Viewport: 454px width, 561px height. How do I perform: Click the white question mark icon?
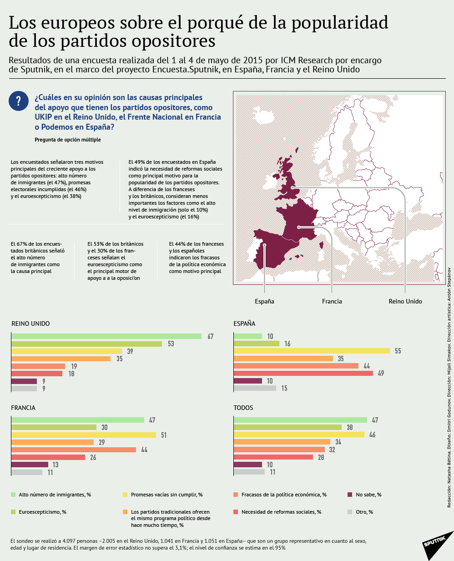point(19,101)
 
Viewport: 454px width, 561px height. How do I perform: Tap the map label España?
point(264,301)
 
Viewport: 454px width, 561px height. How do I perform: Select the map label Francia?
point(332,301)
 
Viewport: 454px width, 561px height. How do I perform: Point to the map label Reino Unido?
point(405,301)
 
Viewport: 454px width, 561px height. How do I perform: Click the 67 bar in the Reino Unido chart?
point(106,336)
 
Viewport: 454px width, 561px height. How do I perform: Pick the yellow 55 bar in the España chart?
point(312,351)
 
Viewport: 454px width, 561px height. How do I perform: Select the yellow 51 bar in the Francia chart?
point(83,435)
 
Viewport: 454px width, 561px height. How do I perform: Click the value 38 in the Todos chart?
point(350,427)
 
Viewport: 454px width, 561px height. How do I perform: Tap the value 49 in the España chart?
point(381,373)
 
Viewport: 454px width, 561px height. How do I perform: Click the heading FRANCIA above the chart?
point(23,408)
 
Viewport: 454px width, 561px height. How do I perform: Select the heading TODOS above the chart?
point(243,408)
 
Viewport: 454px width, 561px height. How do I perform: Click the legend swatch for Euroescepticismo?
point(14,512)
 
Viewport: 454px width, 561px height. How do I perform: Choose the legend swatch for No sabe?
point(350,495)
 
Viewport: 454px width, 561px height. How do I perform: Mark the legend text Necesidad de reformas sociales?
point(281,512)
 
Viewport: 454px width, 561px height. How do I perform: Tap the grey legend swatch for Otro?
point(350,512)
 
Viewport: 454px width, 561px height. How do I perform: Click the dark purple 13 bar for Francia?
point(30,465)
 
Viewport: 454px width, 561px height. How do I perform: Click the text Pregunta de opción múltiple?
point(68,140)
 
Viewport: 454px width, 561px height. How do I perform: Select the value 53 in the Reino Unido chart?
point(171,344)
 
